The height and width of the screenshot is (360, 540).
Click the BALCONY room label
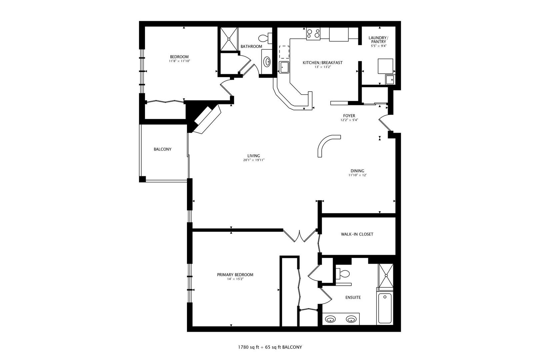tap(162, 149)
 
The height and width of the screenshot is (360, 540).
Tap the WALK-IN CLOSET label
tap(357, 234)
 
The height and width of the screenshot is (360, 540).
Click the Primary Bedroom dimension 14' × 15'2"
tap(235, 279)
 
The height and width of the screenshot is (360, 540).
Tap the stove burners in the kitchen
tap(313, 33)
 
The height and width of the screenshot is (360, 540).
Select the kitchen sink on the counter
tap(284, 67)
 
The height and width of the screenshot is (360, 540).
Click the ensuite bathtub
tap(385, 308)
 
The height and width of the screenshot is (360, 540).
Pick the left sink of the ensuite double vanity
tap(330, 319)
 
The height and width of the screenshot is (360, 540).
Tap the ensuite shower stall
tap(386, 275)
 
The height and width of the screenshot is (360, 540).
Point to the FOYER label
tap(349, 116)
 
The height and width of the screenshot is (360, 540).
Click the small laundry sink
tap(390, 80)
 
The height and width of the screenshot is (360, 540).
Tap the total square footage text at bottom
tap(270, 347)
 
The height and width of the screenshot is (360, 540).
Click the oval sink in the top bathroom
tap(267, 62)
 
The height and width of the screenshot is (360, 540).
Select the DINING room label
tap(357, 171)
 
